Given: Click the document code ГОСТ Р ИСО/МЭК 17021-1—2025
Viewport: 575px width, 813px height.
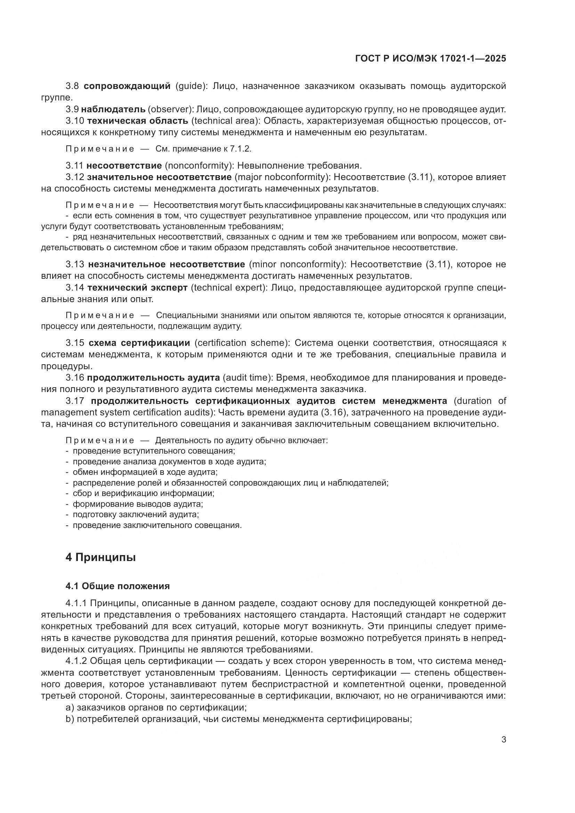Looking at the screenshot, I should (x=430, y=59).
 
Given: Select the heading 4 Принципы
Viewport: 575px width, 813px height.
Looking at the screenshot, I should (x=100, y=557).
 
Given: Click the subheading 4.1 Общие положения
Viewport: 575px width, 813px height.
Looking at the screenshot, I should (x=118, y=586).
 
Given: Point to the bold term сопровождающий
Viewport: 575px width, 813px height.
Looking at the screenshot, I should (x=127, y=86).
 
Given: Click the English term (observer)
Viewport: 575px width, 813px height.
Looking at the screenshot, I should (x=169, y=109).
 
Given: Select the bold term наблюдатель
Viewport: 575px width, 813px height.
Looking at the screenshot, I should (x=116, y=109).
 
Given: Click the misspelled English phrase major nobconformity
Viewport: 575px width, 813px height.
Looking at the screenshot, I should (x=282, y=177).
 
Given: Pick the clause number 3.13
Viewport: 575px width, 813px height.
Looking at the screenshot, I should (x=75, y=265).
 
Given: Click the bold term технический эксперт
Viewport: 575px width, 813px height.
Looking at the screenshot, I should (x=137, y=287).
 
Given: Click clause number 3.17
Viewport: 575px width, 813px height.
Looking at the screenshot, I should (x=75, y=401).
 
